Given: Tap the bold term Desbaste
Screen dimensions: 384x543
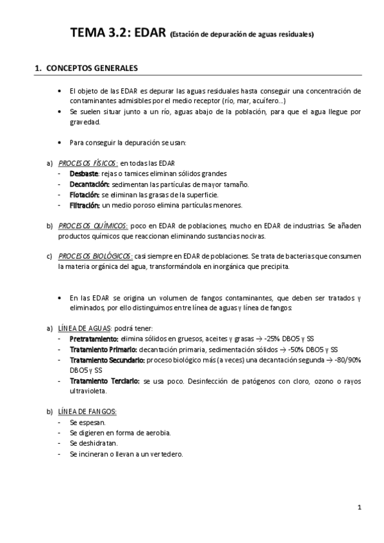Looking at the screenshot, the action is (x=84, y=174).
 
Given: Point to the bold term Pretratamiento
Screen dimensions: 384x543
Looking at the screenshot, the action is (x=94, y=339).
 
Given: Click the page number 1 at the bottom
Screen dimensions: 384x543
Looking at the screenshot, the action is (x=360, y=507).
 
